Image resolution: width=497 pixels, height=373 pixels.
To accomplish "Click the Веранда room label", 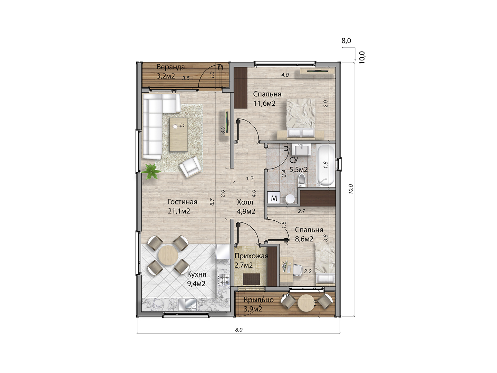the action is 170,67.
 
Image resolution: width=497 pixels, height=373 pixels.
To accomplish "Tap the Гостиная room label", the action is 183,202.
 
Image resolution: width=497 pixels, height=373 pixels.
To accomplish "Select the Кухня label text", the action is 196,275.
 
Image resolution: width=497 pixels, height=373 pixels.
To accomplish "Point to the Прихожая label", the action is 251,256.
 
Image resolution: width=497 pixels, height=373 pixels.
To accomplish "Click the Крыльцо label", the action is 259,300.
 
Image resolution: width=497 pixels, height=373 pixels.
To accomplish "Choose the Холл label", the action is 245,202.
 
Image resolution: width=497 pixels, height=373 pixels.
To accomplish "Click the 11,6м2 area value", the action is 264,104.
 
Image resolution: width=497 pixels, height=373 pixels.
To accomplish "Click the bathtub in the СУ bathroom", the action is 325,165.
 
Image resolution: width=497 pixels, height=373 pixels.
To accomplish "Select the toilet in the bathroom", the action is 302,181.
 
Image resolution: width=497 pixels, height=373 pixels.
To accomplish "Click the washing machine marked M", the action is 274,198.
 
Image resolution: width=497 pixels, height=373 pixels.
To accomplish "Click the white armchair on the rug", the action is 190,167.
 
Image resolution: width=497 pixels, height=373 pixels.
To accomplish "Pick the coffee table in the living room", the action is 179,135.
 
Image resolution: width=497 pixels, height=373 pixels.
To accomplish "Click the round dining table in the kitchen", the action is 168,255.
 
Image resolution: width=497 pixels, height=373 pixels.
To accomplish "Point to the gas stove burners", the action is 224,279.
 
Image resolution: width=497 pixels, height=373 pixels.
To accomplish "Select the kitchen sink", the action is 187,305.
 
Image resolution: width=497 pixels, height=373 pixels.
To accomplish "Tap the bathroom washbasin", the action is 301,151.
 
